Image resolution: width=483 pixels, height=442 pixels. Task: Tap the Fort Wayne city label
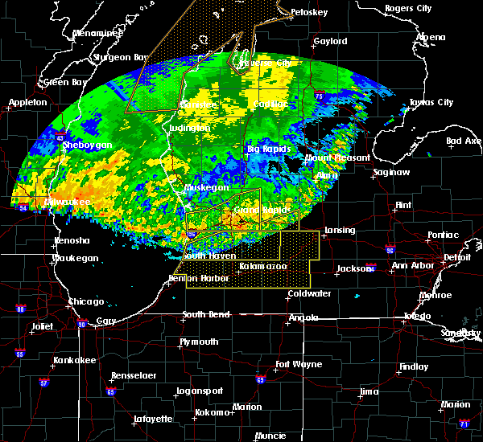click(x=297, y=364)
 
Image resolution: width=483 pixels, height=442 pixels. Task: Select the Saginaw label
click(x=390, y=172)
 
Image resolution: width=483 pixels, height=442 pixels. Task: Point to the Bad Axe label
click(x=464, y=141)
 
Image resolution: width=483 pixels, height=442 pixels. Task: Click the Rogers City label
click(x=408, y=8)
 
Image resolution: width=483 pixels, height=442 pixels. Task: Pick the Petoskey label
click(x=310, y=13)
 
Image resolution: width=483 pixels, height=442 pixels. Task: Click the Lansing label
click(x=340, y=230)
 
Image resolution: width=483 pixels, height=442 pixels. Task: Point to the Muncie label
click(x=269, y=436)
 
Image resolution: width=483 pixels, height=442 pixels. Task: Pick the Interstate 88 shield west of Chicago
click(x=21, y=308)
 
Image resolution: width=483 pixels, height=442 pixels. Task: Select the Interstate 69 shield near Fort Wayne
click(x=260, y=379)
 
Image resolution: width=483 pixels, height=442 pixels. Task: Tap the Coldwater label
click(x=309, y=293)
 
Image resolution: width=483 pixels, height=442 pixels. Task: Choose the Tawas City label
click(x=431, y=102)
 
